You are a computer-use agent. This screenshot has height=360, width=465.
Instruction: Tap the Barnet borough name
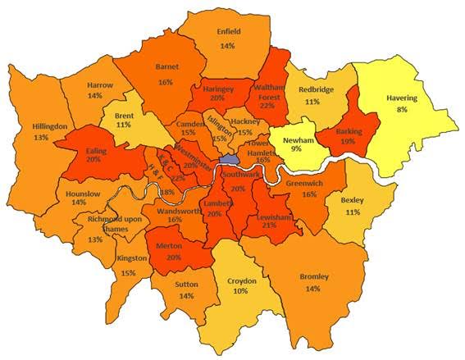click(166, 70)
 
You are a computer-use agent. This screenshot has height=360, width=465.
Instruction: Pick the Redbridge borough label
click(316, 89)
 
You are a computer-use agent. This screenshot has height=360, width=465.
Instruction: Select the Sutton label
click(186, 285)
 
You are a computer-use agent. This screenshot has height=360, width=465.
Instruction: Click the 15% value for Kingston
click(128, 272)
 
